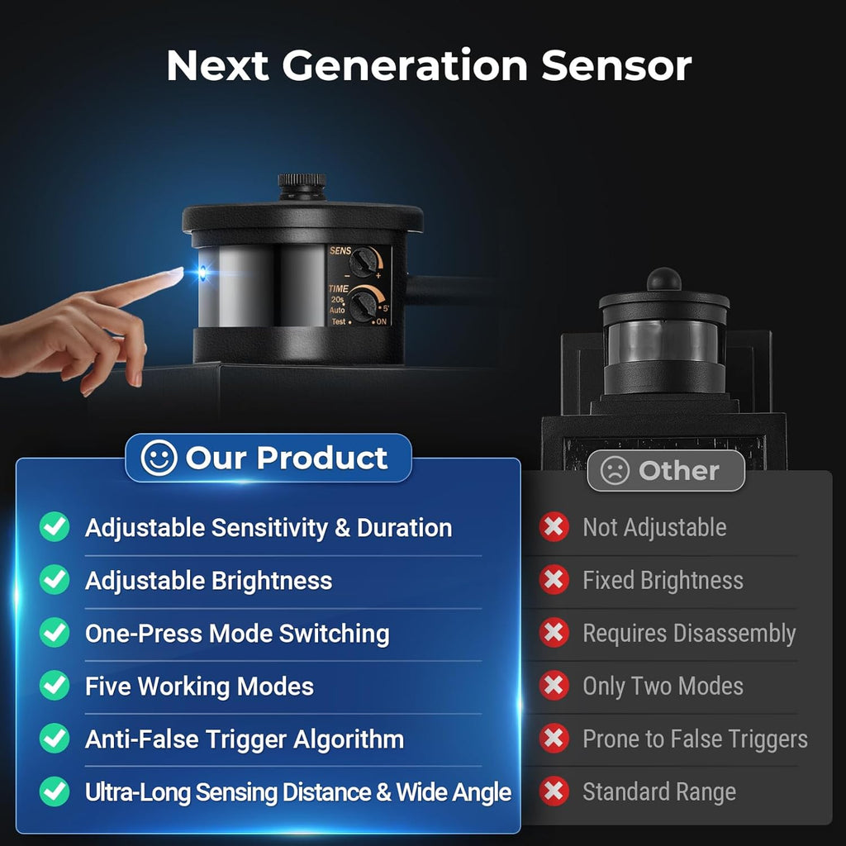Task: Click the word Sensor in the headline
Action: pyautogui.click(x=616, y=66)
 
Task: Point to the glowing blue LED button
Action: pyautogui.click(x=202, y=273)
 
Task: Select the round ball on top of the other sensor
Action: pyautogui.click(x=664, y=280)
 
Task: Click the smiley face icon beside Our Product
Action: pyautogui.click(x=159, y=458)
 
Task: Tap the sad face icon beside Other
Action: pyautogui.click(x=615, y=470)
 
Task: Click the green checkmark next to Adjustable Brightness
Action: pyautogui.click(x=55, y=579)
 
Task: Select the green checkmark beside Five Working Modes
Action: pyautogui.click(x=55, y=685)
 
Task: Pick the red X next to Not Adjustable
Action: pyautogui.click(x=554, y=526)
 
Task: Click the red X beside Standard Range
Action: pyautogui.click(x=554, y=791)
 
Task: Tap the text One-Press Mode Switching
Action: pyautogui.click(x=237, y=634)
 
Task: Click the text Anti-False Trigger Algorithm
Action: pyautogui.click(x=245, y=739)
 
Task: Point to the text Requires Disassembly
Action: pyautogui.click(x=689, y=634)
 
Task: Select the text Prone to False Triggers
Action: pyautogui.click(x=695, y=739)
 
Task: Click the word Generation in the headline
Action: pyautogui.click(x=405, y=66)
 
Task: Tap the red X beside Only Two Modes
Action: pyautogui.click(x=554, y=685)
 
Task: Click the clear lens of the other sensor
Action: pyautogui.click(x=663, y=341)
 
